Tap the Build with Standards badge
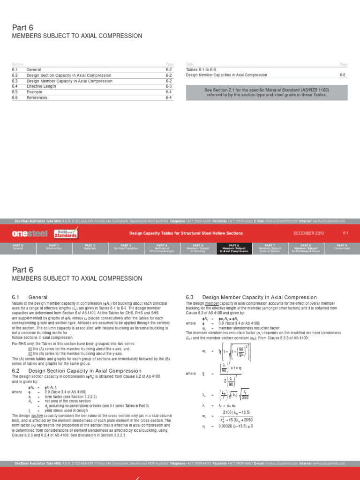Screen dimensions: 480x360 click(66, 233)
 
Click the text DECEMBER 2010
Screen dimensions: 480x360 click(308, 233)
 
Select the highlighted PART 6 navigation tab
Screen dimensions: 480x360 click(234, 248)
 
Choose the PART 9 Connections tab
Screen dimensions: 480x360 click(342, 248)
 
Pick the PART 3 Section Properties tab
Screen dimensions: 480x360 click(126, 248)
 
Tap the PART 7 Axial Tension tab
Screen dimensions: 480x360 click(270, 248)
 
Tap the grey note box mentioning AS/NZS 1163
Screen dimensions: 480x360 click(266, 92)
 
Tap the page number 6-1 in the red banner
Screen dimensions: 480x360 click(345, 233)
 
